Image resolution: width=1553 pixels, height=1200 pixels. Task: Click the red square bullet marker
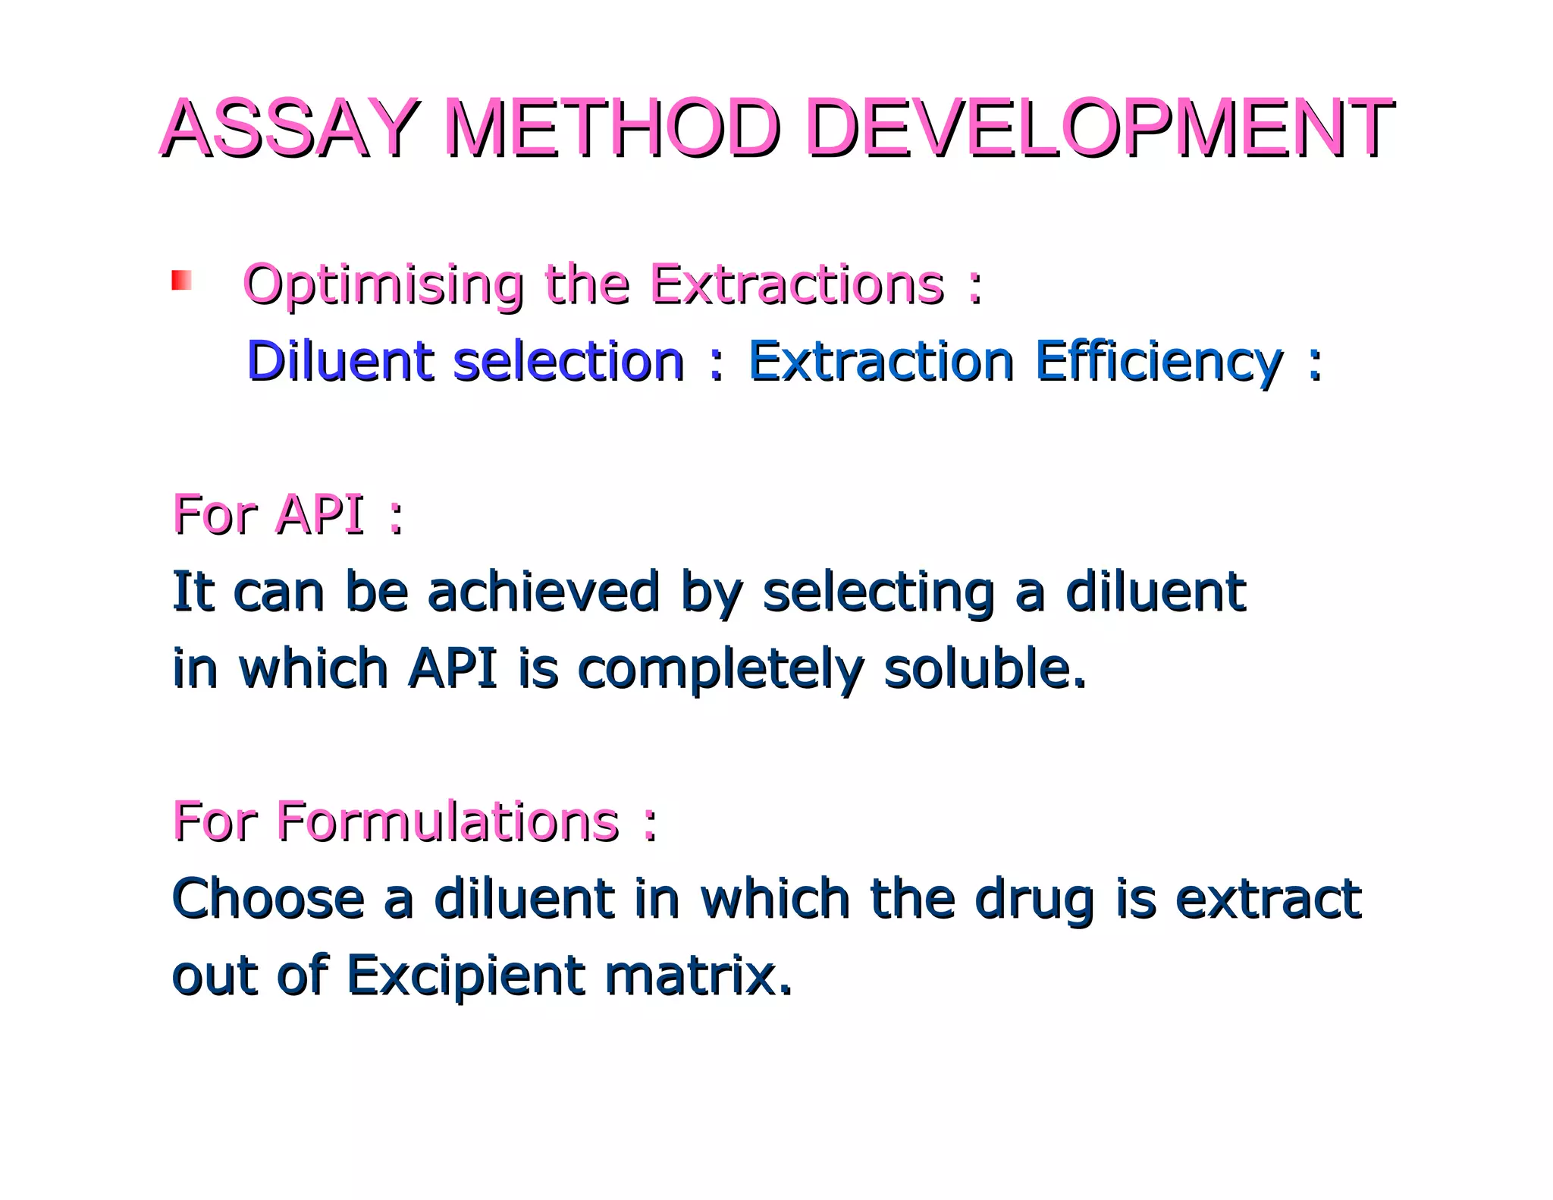coord(181,280)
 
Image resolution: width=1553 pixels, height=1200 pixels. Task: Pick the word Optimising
coord(383,286)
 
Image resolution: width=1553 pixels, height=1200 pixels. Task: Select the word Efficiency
coord(1159,362)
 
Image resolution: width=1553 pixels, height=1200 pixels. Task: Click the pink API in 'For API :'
coord(320,514)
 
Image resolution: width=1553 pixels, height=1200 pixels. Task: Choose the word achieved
coord(543,591)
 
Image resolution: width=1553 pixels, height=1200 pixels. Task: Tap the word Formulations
coord(447,821)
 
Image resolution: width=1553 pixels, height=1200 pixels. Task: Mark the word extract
coord(1268,899)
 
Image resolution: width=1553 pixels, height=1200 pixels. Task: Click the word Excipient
coord(465,977)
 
